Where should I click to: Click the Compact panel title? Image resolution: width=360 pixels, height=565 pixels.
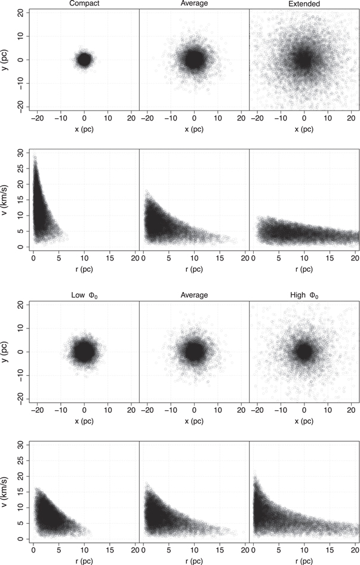pos(84,4)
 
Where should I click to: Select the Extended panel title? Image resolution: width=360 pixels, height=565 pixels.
pos(304,4)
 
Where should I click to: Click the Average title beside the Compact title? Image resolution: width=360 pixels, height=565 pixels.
pos(194,4)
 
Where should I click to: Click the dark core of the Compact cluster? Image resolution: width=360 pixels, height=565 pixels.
pos(84,60)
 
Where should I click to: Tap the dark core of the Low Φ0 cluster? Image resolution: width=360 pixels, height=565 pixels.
pos(84,351)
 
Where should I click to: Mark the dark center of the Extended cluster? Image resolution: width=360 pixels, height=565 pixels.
pos(304,60)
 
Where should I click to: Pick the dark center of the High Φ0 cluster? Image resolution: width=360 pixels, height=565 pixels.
pos(304,351)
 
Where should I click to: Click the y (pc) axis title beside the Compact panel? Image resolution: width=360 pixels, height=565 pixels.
pos(5,60)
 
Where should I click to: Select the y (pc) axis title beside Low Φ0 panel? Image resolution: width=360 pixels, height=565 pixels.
pos(5,351)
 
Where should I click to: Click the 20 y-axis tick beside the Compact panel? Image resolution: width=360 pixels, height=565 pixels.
pos(20,13)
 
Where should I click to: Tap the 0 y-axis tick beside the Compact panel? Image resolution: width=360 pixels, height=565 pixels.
pos(20,60)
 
